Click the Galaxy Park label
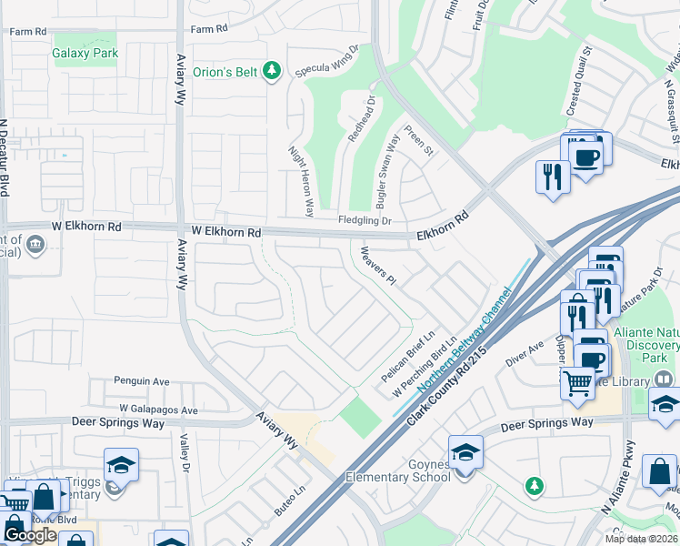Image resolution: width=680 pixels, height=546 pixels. coord(85,54)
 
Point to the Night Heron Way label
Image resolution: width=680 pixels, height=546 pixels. coord(301,181)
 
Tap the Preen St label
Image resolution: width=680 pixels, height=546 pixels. coord(419,141)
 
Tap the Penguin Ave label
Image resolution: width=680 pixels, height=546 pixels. coord(142,381)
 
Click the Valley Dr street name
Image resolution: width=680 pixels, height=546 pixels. coord(185,452)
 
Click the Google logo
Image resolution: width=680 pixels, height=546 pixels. coord(30,535)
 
